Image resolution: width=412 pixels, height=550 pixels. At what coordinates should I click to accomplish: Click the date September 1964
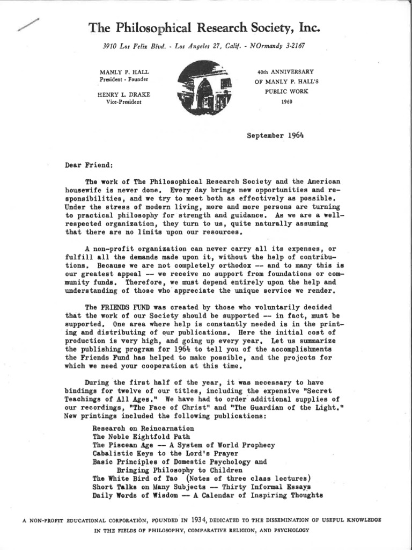point(275,135)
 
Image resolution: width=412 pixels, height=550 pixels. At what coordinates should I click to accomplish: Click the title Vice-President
point(124,102)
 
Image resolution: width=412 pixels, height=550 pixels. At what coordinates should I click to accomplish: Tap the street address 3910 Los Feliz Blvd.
point(131,46)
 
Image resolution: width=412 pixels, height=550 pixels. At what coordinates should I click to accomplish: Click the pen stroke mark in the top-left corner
point(27,25)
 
